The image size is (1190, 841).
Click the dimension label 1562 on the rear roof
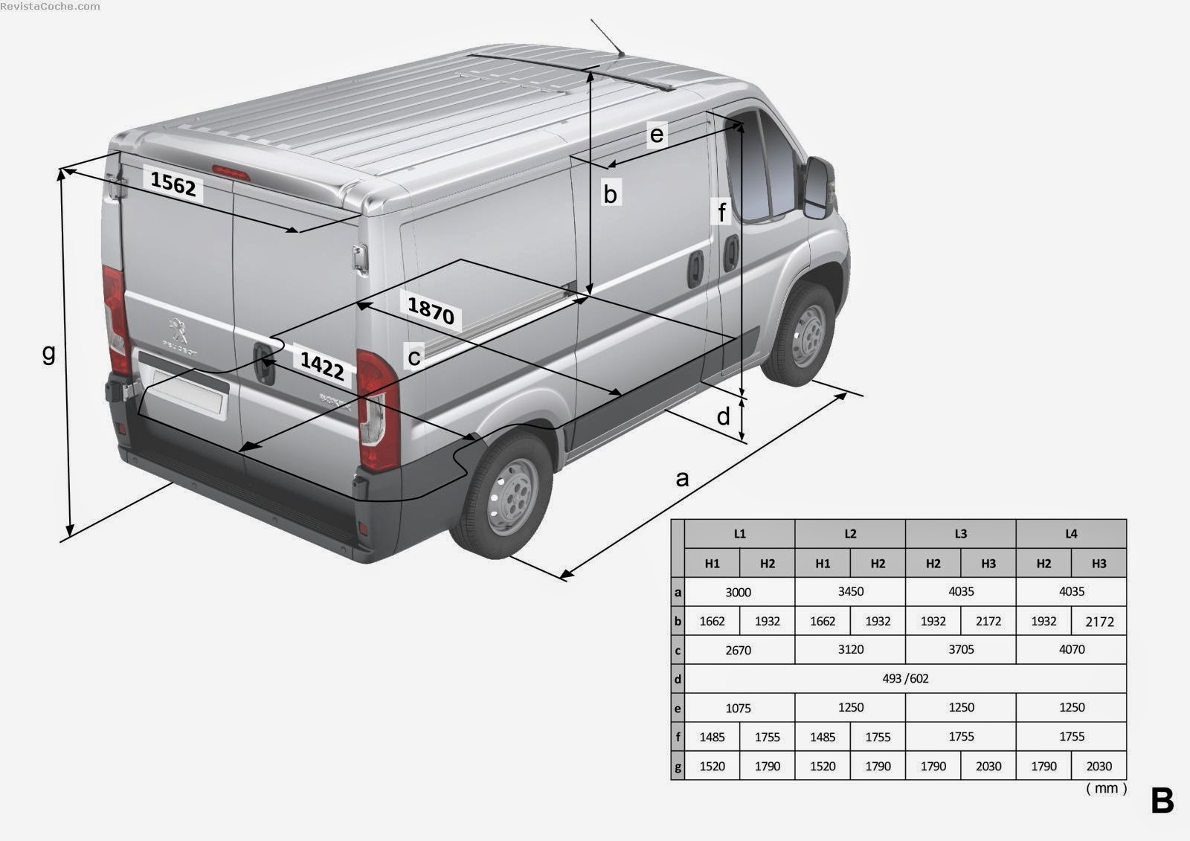coord(173,184)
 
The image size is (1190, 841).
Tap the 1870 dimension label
coord(431,310)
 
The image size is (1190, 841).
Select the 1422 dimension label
coord(322,366)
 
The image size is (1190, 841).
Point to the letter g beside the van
coord(48,352)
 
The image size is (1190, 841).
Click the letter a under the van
coord(682,479)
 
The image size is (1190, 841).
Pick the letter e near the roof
coord(657,134)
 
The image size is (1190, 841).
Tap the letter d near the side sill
coord(723,416)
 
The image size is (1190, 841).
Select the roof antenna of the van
coord(607,37)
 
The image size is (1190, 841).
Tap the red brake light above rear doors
coord(231,173)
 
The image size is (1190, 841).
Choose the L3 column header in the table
coord(960,534)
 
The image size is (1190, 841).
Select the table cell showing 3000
coord(739,592)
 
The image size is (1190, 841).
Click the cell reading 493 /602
coord(905,678)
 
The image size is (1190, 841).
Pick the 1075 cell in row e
coord(739,708)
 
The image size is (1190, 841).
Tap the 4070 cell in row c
coord(1072,649)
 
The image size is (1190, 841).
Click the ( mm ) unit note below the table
coord(1107,788)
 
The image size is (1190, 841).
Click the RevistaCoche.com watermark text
coord(50,7)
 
